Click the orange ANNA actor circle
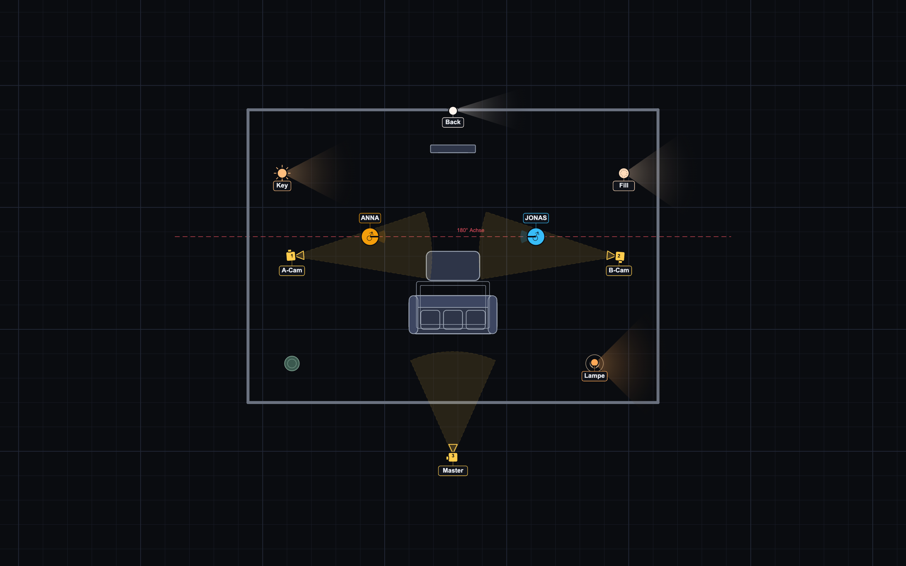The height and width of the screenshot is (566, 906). click(370, 237)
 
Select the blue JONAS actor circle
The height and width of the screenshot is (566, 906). click(536, 237)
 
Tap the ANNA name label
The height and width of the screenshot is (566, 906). click(370, 218)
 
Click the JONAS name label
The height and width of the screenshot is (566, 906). click(536, 218)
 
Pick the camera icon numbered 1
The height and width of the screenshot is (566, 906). click(295, 255)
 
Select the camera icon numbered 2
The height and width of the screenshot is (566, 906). click(615, 256)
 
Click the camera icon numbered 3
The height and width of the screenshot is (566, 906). click(453, 452)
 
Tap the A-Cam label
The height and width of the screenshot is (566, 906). click(292, 270)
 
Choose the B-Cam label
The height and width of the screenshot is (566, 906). click(619, 270)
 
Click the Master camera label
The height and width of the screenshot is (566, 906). click(453, 470)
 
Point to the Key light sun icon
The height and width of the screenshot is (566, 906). click(282, 173)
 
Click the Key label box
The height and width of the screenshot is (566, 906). click(282, 186)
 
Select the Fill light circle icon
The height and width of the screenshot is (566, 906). click(624, 173)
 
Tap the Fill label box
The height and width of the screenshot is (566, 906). click(624, 186)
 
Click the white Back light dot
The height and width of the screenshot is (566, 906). click(453, 111)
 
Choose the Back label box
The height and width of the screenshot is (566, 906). click(453, 122)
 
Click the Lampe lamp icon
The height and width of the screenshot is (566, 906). click(595, 363)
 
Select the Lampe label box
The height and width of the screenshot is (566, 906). click(595, 376)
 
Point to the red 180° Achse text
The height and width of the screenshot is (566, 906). click(471, 230)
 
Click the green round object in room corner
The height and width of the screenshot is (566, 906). click(292, 364)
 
